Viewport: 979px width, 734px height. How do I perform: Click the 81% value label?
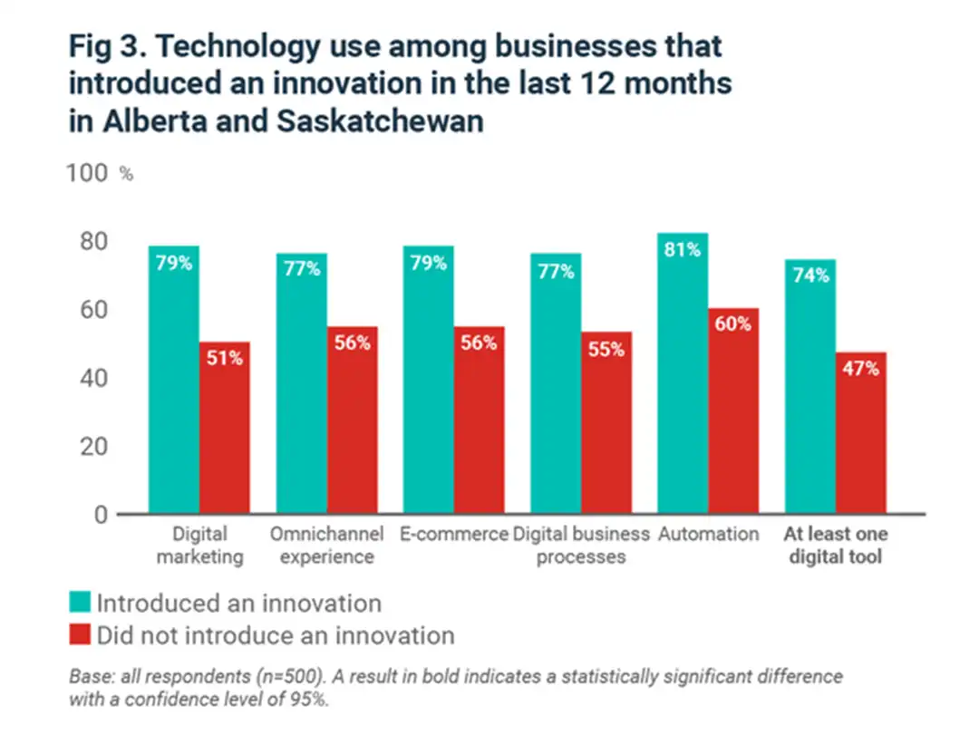683,249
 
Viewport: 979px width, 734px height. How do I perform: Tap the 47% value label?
860,369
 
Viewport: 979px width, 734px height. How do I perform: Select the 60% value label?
733,324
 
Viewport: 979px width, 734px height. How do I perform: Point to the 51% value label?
225,358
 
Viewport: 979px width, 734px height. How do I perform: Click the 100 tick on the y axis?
88,173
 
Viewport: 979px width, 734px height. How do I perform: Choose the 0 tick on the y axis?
102,515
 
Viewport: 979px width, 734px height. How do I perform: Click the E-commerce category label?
453,535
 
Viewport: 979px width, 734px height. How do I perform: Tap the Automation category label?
708,535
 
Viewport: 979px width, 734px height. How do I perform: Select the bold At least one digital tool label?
835,546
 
